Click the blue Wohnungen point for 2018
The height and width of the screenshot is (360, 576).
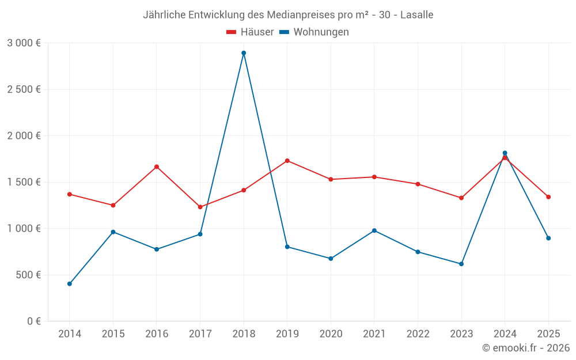click(244, 53)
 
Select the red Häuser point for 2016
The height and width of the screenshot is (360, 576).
click(157, 167)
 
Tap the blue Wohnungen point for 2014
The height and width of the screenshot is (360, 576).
click(70, 284)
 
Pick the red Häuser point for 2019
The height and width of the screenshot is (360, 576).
click(287, 161)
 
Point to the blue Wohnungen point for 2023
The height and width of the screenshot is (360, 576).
click(461, 264)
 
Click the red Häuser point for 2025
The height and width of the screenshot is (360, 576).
click(548, 197)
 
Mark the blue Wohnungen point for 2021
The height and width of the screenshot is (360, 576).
click(374, 230)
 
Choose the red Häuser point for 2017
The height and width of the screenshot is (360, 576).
click(200, 207)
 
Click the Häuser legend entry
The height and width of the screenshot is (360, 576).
click(250, 32)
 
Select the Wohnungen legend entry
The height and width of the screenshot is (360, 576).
click(314, 32)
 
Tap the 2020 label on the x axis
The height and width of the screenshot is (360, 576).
click(331, 334)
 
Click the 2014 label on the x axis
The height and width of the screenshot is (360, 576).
click(70, 334)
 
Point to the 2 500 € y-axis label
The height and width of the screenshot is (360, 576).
click(24, 89)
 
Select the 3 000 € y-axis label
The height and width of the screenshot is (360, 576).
click(24, 43)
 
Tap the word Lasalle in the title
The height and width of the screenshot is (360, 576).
click(416, 15)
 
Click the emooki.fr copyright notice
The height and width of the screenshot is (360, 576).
click(525, 348)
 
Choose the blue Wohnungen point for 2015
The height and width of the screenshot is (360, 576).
click(113, 232)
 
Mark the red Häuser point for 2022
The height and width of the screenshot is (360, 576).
click(418, 184)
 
